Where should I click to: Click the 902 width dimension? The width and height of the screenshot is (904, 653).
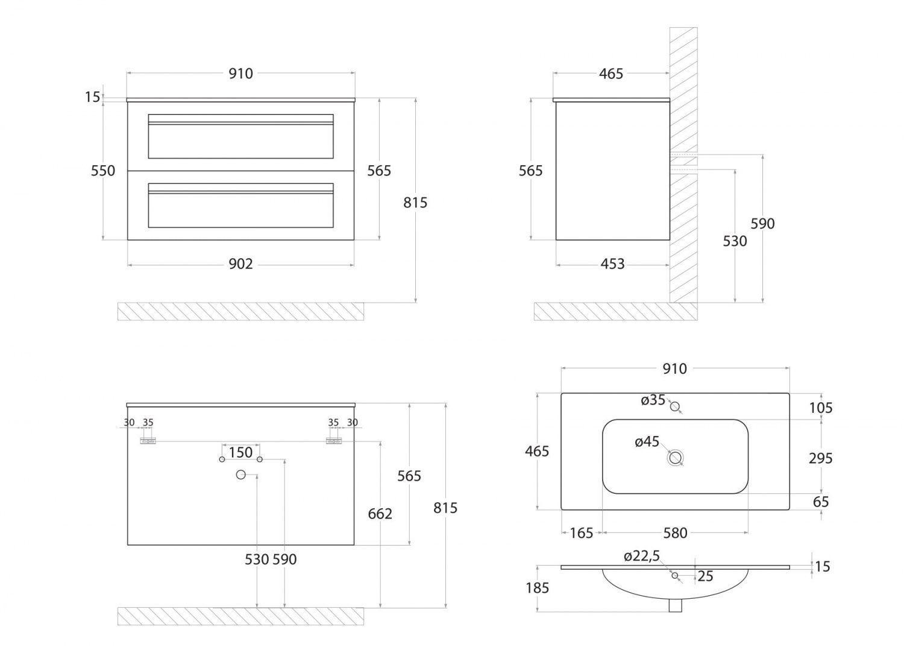240,264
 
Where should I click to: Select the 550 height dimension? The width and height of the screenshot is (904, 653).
103,171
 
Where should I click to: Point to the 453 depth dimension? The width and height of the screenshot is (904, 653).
612,264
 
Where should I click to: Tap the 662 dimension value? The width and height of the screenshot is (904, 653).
380,514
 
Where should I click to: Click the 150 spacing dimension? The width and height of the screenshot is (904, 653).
240,452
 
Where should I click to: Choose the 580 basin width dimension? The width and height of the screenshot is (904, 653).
675,533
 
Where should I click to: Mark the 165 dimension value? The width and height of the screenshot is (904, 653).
581,533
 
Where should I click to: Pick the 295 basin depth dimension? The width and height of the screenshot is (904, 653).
821,458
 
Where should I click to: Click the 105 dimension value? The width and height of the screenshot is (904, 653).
821,408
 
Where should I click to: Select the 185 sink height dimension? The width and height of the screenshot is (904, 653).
537,587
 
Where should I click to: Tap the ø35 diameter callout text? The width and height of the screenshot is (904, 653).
653,400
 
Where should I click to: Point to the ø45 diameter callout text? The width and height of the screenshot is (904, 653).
647,442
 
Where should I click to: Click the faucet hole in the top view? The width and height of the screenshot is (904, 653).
675,406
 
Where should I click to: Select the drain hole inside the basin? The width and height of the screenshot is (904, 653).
675,458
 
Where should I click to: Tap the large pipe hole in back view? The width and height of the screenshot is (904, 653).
241,475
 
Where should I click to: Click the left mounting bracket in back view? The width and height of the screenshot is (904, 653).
148,441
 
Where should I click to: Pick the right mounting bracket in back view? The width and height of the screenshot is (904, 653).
333,441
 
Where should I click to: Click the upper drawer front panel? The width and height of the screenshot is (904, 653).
240,136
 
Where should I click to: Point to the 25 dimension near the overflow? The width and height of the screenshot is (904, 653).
705,576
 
